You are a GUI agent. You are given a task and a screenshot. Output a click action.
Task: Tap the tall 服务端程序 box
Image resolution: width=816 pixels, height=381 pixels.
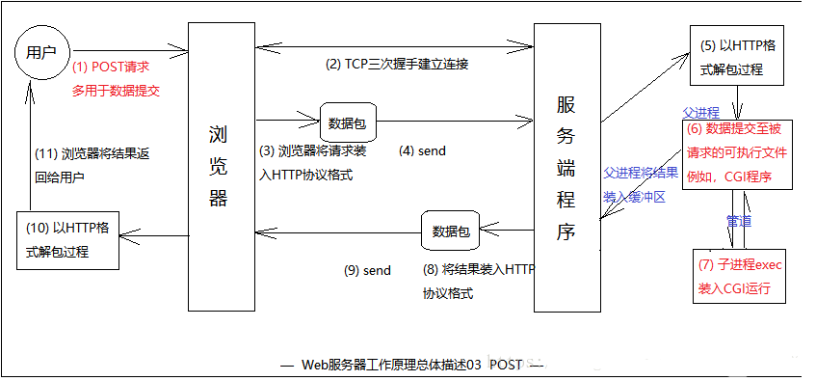(566, 169)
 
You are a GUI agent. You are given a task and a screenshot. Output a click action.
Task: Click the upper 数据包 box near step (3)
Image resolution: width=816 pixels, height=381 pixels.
(347, 123)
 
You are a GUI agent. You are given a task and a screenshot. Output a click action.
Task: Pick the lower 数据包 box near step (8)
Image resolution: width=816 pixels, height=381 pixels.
(451, 231)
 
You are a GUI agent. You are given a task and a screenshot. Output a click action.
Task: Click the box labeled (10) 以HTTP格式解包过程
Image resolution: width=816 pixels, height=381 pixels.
(70, 239)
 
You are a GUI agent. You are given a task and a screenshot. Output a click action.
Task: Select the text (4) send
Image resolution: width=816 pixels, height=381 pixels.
(422, 151)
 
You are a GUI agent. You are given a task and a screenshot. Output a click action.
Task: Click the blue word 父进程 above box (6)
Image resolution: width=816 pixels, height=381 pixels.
(701, 111)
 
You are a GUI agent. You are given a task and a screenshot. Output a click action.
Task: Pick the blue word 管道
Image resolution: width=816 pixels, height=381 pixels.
(739, 221)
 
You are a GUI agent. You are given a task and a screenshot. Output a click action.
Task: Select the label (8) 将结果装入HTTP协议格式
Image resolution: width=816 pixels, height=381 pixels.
(476, 281)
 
